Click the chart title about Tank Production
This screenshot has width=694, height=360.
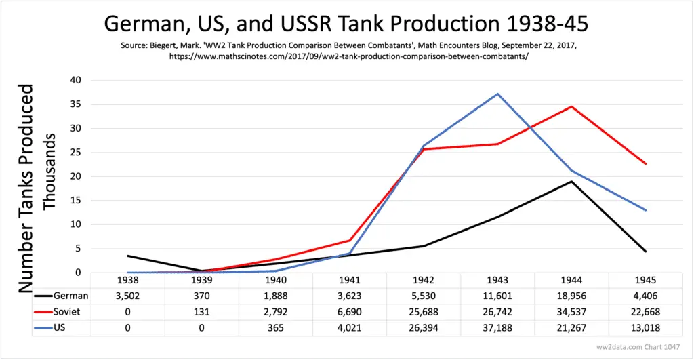(x=346, y=25)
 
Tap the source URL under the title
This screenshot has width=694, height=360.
(x=346, y=56)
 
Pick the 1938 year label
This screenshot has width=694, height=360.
(x=128, y=280)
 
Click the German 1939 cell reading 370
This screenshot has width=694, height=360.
(x=202, y=295)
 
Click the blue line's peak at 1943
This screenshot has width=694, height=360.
(x=497, y=94)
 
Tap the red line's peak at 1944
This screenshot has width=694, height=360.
(x=571, y=106)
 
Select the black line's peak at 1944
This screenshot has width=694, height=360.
(x=571, y=181)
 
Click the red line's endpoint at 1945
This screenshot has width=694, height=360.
(x=645, y=163)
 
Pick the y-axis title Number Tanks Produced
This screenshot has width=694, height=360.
(x=26, y=188)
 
